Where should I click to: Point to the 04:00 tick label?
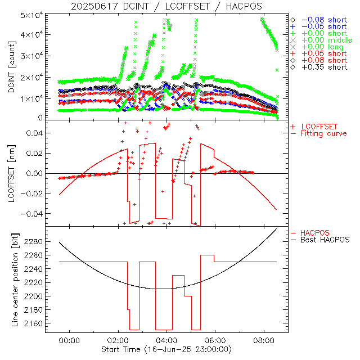click(166, 341)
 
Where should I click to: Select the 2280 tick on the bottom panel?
click(34, 242)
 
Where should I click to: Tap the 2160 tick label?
click(34, 325)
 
